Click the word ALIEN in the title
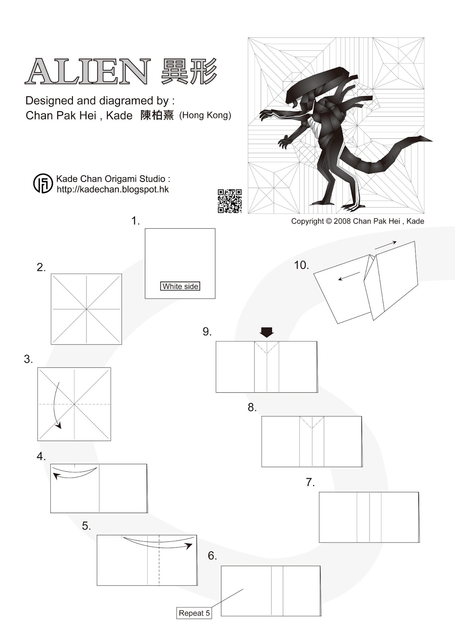pyautogui.click(x=88, y=71)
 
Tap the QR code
pyautogui.click(x=230, y=201)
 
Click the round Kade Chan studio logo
pyautogui.click(x=43, y=184)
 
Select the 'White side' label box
pyautogui.click(x=180, y=286)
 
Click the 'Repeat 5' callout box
pyautogui.click(x=194, y=613)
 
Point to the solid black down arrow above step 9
pyautogui.click(x=266, y=332)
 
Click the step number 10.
pyautogui.click(x=301, y=265)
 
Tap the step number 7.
pyautogui.click(x=310, y=482)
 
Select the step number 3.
pyautogui.click(x=28, y=359)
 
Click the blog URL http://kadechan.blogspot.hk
pyautogui.click(x=113, y=189)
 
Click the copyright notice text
pyautogui.click(x=357, y=221)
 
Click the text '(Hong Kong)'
pyautogui.click(x=205, y=116)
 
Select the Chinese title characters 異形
pyautogui.click(x=189, y=71)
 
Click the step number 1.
pyautogui.click(x=136, y=221)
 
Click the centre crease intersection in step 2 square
pyautogui.click(x=86, y=309)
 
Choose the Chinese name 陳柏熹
pyautogui.click(x=157, y=116)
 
